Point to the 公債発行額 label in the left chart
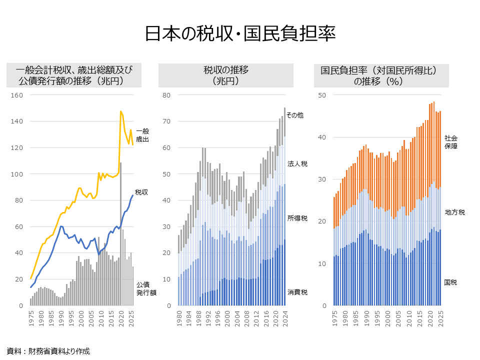tap(146, 288)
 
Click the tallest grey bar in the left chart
tap(120, 235)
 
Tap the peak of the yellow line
tap(120, 111)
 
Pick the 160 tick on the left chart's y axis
tap(17, 95)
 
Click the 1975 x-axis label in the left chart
tap(31, 318)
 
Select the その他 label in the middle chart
tap(295, 115)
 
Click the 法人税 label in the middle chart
tap(297, 164)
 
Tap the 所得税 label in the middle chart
tap(297, 218)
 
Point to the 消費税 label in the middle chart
tap(297, 292)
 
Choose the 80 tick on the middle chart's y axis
tap(167, 95)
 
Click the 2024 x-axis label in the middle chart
tap(284, 318)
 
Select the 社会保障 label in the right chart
tap(451, 142)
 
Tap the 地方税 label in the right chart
tap(454, 212)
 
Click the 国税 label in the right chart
tap(450, 282)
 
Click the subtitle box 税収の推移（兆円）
tap(226, 75)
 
